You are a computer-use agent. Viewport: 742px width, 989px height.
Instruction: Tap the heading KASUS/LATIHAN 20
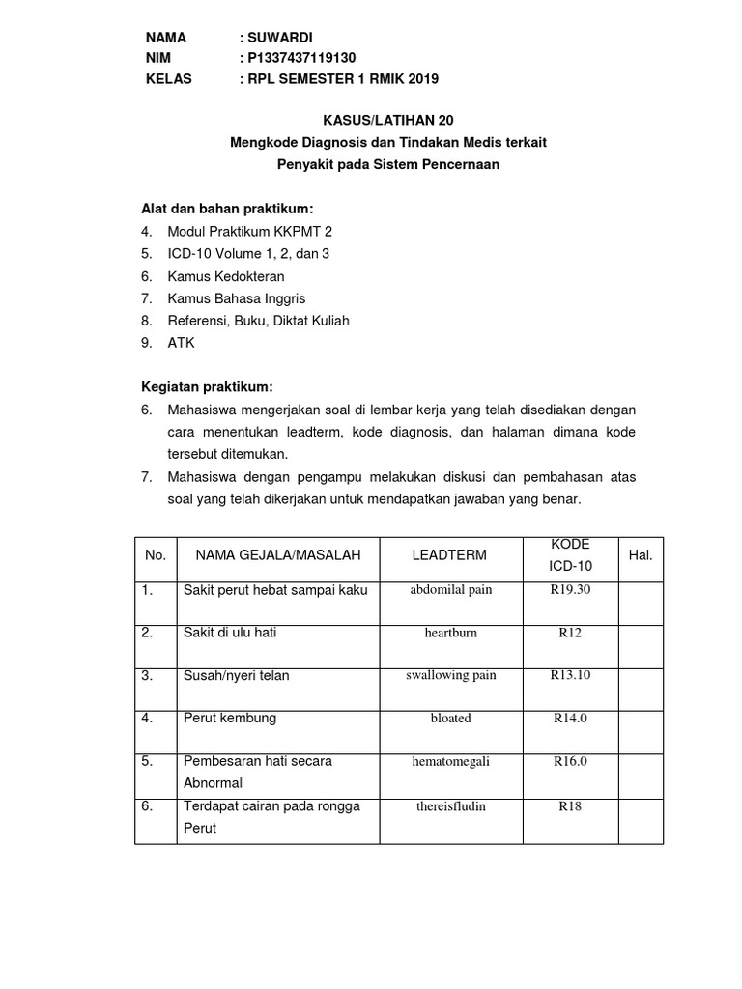tap(386, 121)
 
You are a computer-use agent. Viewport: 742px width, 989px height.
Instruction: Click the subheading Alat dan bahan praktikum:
tap(227, 209)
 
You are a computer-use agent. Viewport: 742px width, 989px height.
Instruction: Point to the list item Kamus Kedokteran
tap(229, 275)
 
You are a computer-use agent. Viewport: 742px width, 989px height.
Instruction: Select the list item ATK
tap(182, 342)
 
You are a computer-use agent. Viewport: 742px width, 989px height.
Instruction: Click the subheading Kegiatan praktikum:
tap(207, 386)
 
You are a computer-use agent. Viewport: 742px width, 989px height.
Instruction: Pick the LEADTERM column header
tap(448, 555)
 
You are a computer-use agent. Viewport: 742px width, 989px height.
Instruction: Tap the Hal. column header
tap(641, 555)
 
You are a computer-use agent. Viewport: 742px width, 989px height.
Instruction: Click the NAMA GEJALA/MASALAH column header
tap(278, 555)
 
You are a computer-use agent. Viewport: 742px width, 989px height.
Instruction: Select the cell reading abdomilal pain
tap(450, 590)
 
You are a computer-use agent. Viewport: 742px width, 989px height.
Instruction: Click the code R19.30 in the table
tap(570, 589)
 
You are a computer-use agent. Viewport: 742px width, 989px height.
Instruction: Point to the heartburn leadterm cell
tap(450, 633)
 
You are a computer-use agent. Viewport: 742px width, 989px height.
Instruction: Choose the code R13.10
tap(570, 675)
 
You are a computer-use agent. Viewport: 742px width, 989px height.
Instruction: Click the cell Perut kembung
tap(230, 718)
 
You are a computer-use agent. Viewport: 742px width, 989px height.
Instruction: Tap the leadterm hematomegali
tap(450, 761)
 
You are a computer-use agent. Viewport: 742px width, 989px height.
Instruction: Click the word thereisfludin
tap(450, 805)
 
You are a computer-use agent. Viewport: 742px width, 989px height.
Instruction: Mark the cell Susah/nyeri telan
tap(237, 675)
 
